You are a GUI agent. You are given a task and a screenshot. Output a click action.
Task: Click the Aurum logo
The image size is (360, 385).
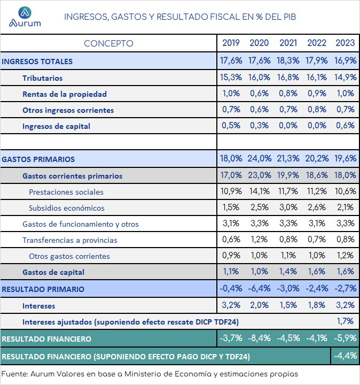(25, 17)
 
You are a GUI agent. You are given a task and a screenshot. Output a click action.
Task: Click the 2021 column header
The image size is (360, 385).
(288, 43)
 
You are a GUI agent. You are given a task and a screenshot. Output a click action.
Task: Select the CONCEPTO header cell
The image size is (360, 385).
(108, 43)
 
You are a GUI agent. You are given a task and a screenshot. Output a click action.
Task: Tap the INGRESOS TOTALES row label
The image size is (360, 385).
(37, 61)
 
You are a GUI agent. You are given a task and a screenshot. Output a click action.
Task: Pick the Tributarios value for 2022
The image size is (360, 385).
(317, 78)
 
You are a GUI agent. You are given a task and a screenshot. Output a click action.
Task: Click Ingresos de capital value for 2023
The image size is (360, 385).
(345, 126)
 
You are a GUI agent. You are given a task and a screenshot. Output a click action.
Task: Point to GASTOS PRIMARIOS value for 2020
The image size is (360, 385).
(260, 158)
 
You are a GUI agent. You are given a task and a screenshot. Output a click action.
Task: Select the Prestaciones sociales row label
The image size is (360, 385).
(66, 192)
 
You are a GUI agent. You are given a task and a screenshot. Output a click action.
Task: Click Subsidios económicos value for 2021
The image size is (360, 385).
(288, 207)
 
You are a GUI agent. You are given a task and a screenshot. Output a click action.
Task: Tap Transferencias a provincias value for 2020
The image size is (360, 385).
(259, 240)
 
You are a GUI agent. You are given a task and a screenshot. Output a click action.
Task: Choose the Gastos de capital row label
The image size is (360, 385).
(53, 272)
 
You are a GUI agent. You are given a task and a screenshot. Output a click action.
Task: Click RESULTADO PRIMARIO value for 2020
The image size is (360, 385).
(259, 288)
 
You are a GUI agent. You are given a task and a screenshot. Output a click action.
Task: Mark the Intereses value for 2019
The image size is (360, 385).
(231, 305)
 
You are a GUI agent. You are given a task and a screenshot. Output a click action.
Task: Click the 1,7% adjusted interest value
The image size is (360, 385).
(345, 321)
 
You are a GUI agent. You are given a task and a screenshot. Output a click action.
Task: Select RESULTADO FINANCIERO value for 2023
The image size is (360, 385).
(345, 338)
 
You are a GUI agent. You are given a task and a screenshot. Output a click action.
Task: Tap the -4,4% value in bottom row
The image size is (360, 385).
(345, 356)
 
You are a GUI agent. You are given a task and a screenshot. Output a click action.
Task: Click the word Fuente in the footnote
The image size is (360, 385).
(15, 374)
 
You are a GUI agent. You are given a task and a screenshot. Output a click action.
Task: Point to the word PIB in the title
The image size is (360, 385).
(290, 17)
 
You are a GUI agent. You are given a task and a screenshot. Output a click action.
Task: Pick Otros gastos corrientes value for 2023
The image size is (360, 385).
(345, 256)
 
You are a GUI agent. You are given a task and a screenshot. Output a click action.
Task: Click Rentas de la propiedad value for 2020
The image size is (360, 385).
(259, 93)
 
